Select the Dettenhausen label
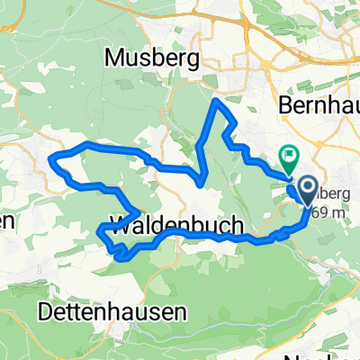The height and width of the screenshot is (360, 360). coord(113,311)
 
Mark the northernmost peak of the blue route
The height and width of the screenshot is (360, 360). coord(214,101)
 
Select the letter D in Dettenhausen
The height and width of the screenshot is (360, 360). coord(47,311)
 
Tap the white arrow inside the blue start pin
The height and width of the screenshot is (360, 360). coord(307,189)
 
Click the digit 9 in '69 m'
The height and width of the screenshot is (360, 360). coord(318,212)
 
